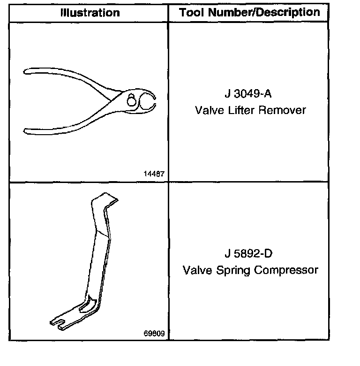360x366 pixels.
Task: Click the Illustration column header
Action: pos(90,13)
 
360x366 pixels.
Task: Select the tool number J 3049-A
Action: pos(248,93)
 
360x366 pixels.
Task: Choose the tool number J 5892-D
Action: pos(248,254)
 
